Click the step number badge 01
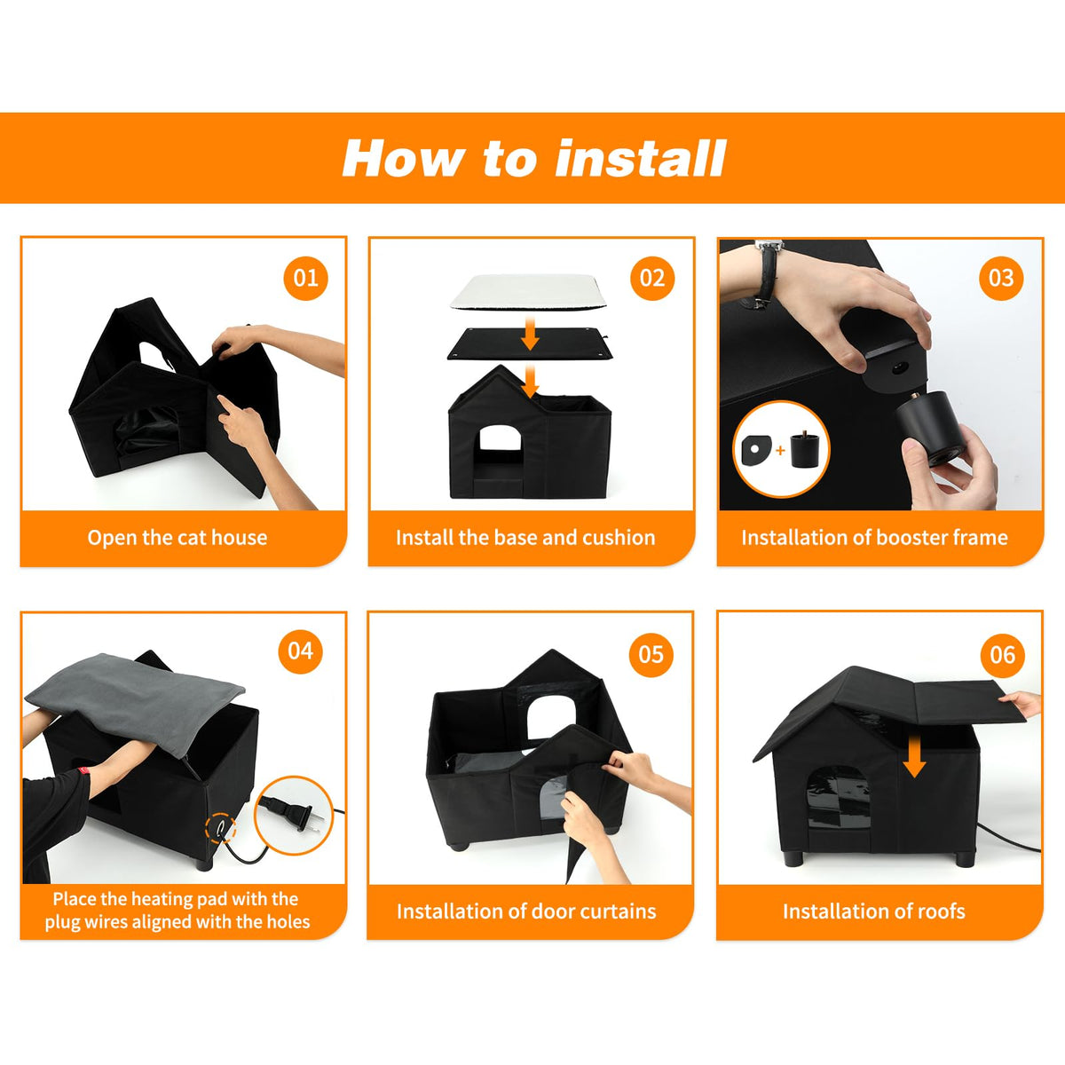point(305,278)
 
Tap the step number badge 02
point(652,278)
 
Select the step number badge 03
point(1001,278)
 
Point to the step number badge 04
point(300,651)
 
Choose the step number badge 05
point(651,655)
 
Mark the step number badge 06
point(1003,656)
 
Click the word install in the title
point(641,159)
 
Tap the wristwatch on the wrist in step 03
point(769,272)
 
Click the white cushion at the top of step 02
point(528,291)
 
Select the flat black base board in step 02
point(531,343)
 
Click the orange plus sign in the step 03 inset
point(780,451)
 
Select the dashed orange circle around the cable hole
point(220,828)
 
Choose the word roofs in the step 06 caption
point(939,911)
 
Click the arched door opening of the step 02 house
point(501,440)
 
